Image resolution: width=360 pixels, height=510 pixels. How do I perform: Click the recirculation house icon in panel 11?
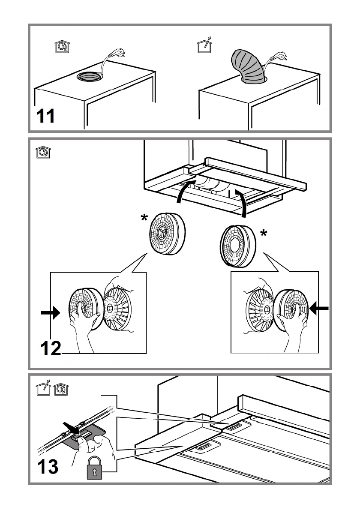[x=63, y=46]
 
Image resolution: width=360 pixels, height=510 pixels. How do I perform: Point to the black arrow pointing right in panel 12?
[x=51, y=312]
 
